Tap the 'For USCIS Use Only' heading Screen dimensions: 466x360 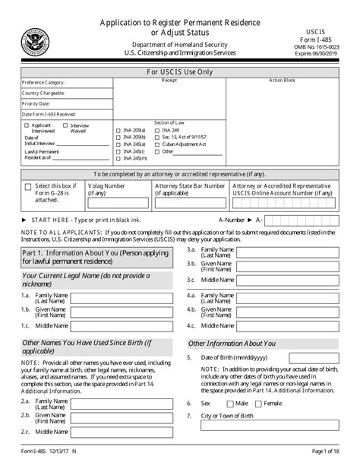click(x=180, y=72)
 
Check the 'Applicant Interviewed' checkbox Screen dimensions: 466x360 click(x=27, y=125)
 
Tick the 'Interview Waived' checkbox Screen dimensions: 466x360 click(x=65, y=125)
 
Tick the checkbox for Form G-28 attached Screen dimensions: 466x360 click(x=28, y=187)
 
